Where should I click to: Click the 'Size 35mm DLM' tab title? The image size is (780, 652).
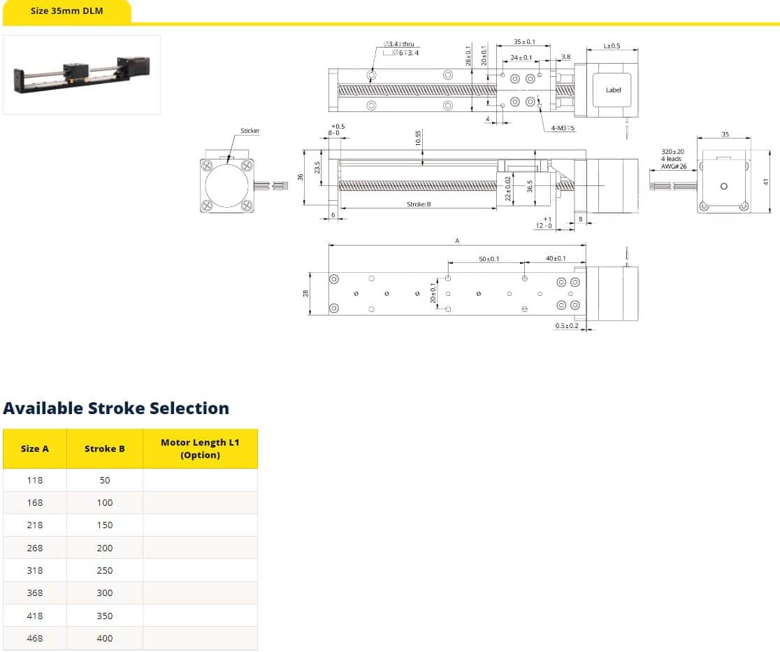tap(67, 11)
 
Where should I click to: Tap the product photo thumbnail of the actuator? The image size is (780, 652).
tap(82, 74)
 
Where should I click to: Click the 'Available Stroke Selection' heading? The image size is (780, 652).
tap(116, 409)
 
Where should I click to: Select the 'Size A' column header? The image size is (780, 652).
tap(35, 448)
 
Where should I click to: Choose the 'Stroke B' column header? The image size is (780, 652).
tap(105, 448)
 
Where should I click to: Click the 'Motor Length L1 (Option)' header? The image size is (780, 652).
tap(200, 448)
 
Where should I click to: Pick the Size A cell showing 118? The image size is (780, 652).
tap(35, 480)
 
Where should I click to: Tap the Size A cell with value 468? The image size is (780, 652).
tap(35, 638)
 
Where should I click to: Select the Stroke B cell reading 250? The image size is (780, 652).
tap(105, 570)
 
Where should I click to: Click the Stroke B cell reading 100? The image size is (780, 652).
tap(105, 502)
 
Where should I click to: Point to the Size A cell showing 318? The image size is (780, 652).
tap(35, 570)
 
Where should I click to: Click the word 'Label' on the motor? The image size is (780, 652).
tap(613, 90)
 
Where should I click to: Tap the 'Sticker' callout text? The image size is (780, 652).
tap(250, 131)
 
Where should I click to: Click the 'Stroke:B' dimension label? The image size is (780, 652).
tap(419, 204)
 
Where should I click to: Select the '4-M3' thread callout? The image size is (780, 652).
tap(558, 128)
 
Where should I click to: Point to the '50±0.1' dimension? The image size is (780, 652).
tap(489, 259)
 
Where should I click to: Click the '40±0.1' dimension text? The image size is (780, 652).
tap(556, 259)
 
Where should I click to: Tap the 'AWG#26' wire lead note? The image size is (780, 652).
tap(674, 166)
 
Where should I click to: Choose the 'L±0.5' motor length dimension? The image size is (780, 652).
tap(612, 46)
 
